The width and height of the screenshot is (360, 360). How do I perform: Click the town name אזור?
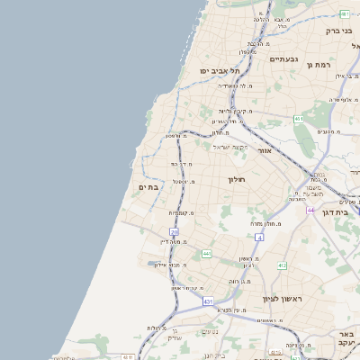tap(265, 150)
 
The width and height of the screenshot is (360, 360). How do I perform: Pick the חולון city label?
tap(237, 180)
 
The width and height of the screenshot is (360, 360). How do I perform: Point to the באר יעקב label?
tap(346, 337)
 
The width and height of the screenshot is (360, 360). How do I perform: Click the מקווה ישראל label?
tap(230, 147)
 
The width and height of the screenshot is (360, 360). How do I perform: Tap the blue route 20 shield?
tap(175, 232)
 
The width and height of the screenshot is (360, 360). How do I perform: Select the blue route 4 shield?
tap(258, 237)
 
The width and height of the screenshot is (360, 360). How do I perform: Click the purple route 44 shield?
tap(310, 210)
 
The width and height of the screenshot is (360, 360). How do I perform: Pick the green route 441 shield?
tap(207, 254)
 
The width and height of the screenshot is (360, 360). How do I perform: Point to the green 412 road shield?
tap(282, 265)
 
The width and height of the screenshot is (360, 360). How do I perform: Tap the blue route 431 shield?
tap(209, 301)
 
